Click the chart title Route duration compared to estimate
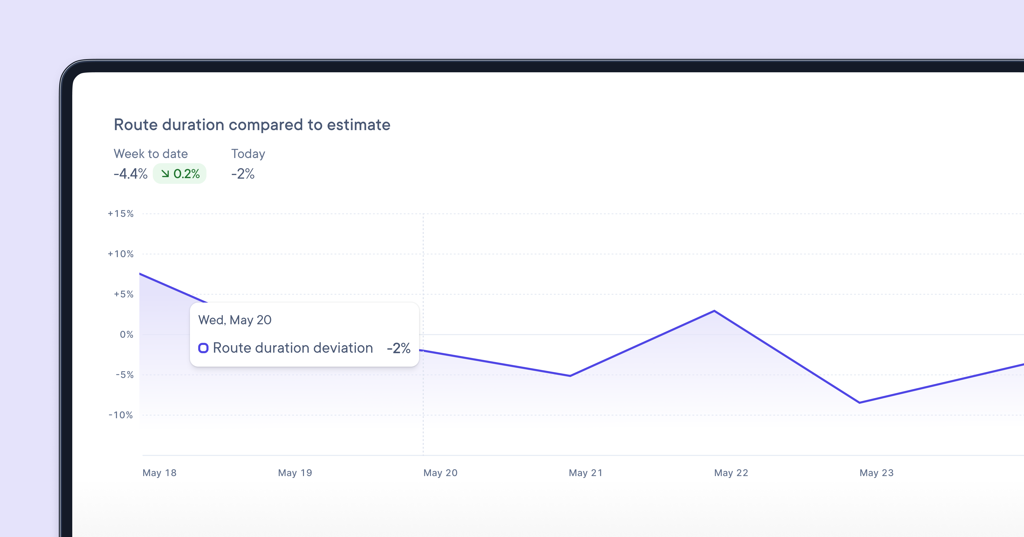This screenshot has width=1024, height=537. click(252, 125)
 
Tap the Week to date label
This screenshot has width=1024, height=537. click(151, 154)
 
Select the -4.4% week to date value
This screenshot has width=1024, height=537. click(130, 174)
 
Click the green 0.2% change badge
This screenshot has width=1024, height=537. click(180, 174)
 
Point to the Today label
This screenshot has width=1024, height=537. click(248, 154)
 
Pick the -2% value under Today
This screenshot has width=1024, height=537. click(243, 174)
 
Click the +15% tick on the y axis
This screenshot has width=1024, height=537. click(121, 214)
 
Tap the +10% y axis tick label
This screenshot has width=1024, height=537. click(121, 254)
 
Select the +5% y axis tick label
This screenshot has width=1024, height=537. click(124, 294)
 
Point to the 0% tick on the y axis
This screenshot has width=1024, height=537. click(126, 335)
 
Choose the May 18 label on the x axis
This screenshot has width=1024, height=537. click(159, 473)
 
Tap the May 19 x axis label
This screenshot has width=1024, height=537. click(295, 473)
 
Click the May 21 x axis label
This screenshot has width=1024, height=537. click(586, 473)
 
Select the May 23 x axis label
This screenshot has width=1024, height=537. click(877, 473)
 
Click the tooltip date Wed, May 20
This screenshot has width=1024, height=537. click(235, 320)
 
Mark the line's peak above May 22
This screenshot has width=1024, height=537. click(714, 311)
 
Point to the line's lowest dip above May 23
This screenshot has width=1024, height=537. click(859, 402)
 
